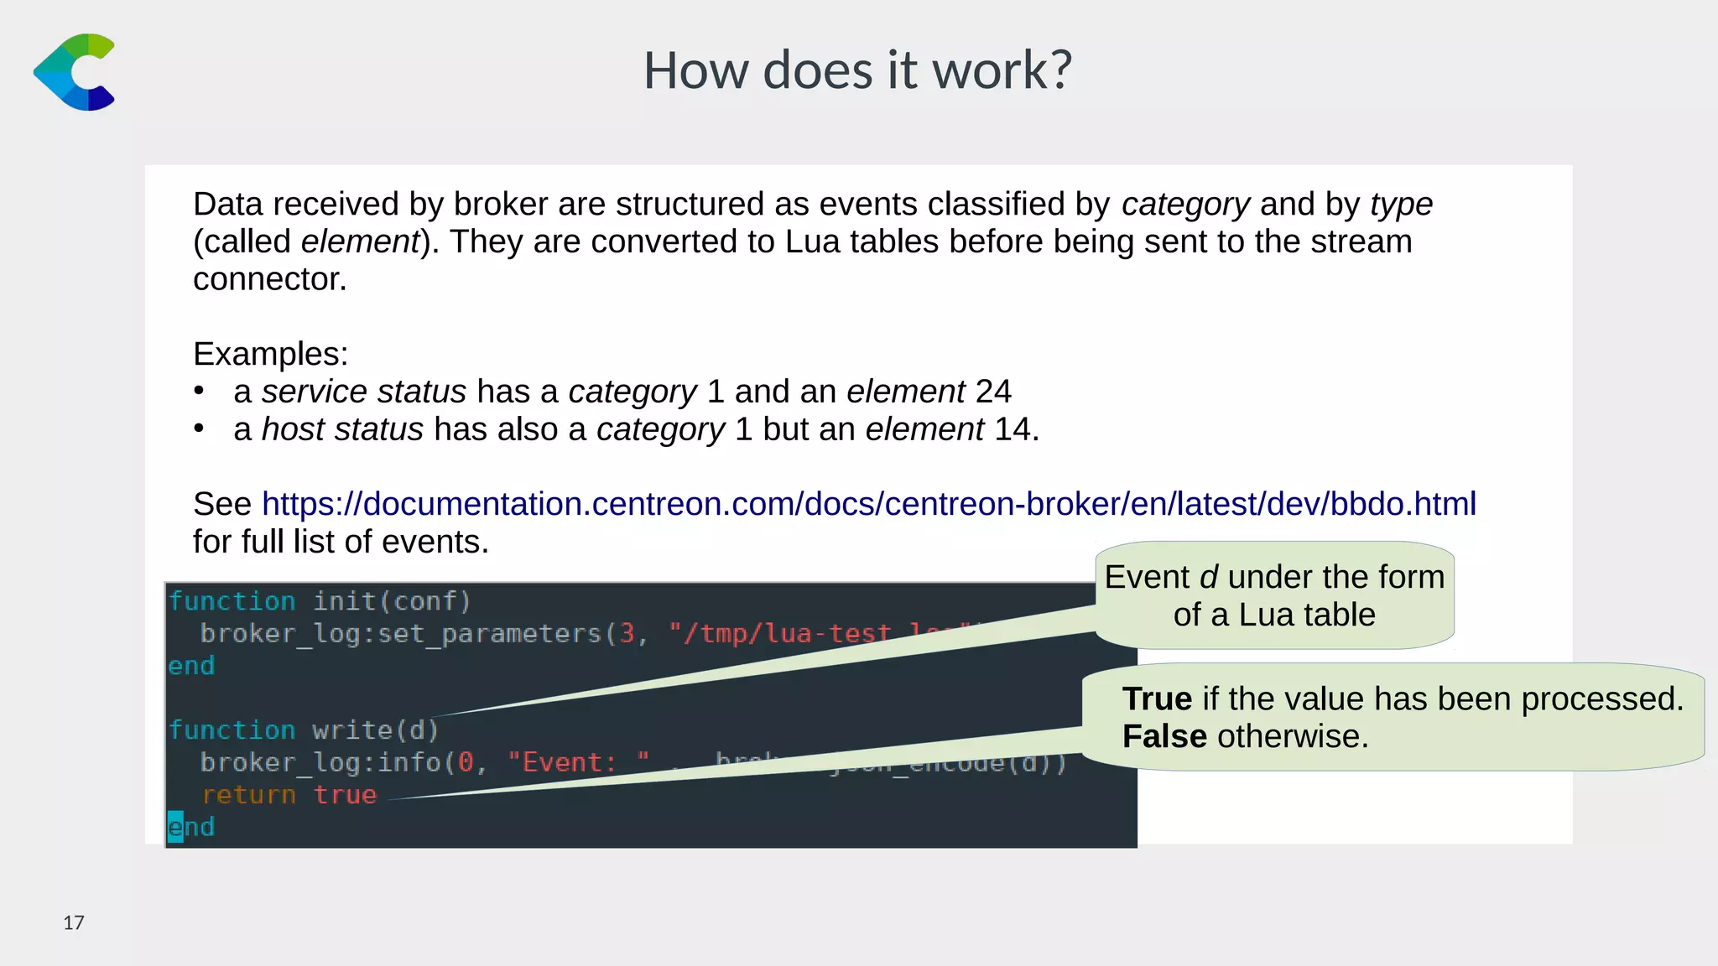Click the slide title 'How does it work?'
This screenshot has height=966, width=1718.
[857, 70]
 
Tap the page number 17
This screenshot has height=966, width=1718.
[74, 923]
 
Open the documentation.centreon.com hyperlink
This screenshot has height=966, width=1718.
[868, 504]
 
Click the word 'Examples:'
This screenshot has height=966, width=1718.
[270, 354]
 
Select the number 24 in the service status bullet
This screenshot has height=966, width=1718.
[993, 392]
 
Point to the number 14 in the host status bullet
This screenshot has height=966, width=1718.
[1013, 429]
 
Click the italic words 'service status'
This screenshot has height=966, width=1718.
[363, 392]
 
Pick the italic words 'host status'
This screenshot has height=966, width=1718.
[342, 429]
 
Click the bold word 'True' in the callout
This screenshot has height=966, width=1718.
[1157, 699]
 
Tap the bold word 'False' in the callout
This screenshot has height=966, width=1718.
[1164, 736]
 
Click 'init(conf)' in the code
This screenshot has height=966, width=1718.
[392, 601]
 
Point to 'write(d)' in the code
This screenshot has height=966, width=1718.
[375, 730]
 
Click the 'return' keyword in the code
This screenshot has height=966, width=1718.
[249, 795]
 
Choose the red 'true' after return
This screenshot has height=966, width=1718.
[345, 795]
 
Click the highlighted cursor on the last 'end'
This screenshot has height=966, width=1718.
[175, 827]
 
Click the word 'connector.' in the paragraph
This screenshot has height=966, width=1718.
[270, 279]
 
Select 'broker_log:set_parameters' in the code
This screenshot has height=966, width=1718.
[401, 633]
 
